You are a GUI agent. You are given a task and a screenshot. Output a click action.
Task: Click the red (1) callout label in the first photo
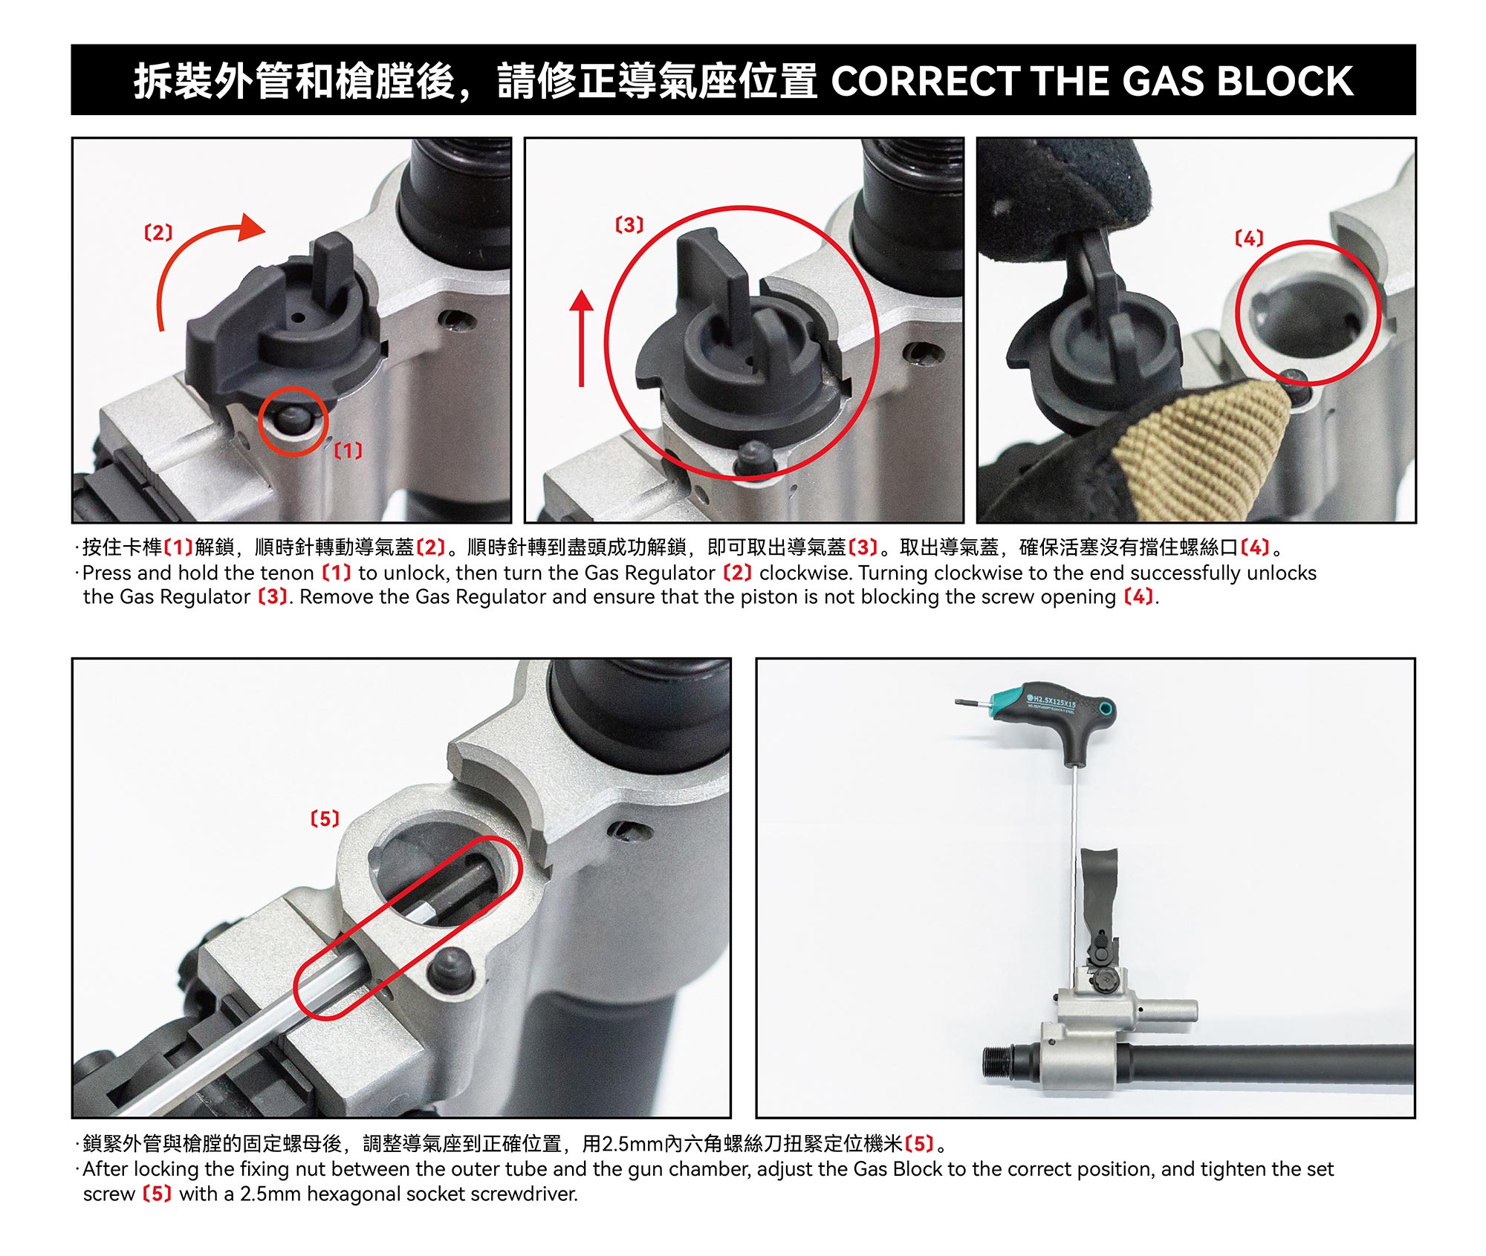coord(348,450)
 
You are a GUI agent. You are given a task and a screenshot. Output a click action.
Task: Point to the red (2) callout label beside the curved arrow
coord(158,232)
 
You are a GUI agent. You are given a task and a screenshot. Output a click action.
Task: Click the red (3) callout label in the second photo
coord(629,224)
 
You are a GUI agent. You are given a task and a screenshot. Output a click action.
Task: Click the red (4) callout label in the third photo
coord(1249,238)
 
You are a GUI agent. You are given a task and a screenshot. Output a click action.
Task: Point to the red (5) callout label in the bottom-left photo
coord(325,819)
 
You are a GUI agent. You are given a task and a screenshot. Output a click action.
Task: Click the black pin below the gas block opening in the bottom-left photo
coord(453,969)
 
